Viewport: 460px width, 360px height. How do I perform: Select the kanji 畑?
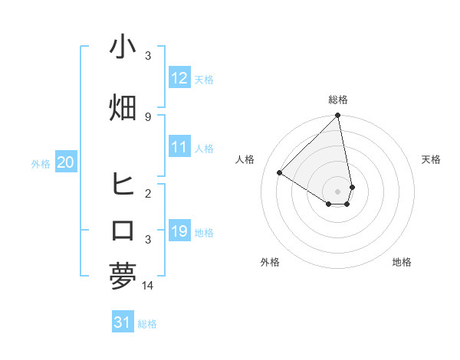[123, 107]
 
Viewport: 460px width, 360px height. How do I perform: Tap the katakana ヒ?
[123, 185]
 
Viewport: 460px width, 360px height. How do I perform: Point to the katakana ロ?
[123, 231]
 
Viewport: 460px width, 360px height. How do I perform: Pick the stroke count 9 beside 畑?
[148, 116]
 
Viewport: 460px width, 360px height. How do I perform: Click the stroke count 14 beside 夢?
[148, 285]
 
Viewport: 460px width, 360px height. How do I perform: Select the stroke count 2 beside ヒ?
[148, 193]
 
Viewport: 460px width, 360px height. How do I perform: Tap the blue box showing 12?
[179, 78]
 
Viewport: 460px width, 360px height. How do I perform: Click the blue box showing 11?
[179, 147]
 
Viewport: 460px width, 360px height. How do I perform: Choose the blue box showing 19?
[179, 231]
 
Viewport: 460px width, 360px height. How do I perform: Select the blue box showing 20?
[65, 162]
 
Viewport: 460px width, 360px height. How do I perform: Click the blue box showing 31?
[122, 323]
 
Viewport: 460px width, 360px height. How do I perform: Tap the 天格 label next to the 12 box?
[204, 79]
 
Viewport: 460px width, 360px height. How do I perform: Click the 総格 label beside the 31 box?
[147, 324]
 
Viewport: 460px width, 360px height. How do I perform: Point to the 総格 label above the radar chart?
[338, 100]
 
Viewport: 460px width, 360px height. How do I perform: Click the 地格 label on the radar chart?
[402, 262]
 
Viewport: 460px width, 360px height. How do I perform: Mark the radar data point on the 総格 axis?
[338, 116]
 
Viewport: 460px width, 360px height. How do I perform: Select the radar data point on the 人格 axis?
[280, 172]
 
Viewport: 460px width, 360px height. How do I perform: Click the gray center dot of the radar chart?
[338, 191]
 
